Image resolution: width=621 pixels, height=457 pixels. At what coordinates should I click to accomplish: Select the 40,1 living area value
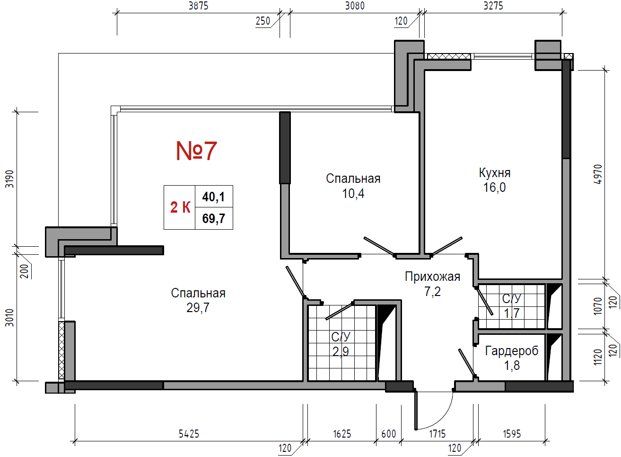pos(213,197)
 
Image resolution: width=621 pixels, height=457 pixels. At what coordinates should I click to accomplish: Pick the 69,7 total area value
pos(213,218)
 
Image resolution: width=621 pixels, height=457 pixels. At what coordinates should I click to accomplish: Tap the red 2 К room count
pos(180,207)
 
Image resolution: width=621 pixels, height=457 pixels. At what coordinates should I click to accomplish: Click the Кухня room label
pos(495,173)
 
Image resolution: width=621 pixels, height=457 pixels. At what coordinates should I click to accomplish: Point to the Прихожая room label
pos(432,277)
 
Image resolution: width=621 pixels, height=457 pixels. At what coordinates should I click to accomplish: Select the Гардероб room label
pos(512,351)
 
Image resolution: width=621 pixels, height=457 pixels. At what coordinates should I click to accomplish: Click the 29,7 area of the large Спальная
pos(198,308)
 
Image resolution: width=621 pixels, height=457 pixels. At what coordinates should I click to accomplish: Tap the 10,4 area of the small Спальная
pos(353,194)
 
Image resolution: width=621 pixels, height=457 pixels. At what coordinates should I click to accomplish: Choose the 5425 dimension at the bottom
pos(189,434)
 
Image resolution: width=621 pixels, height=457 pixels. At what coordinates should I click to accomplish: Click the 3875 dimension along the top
pos(199,6)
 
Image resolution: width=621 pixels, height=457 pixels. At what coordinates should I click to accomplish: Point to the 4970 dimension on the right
pos(598,174)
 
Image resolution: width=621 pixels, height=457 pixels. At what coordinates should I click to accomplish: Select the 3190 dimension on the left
pos(9,179)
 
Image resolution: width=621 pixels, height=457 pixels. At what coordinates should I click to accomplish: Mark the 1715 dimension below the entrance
pos(437,434)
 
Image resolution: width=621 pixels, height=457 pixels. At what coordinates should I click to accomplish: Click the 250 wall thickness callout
pos(263,21)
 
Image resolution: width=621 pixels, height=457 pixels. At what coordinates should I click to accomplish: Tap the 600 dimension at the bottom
pos(389,434)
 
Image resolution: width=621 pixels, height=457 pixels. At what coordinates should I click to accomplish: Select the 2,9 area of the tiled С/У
pos(341,352)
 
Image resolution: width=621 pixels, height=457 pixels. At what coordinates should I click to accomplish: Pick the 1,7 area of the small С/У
pos(512,314)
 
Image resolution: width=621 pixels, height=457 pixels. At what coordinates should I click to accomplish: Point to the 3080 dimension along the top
pos(355,6)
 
